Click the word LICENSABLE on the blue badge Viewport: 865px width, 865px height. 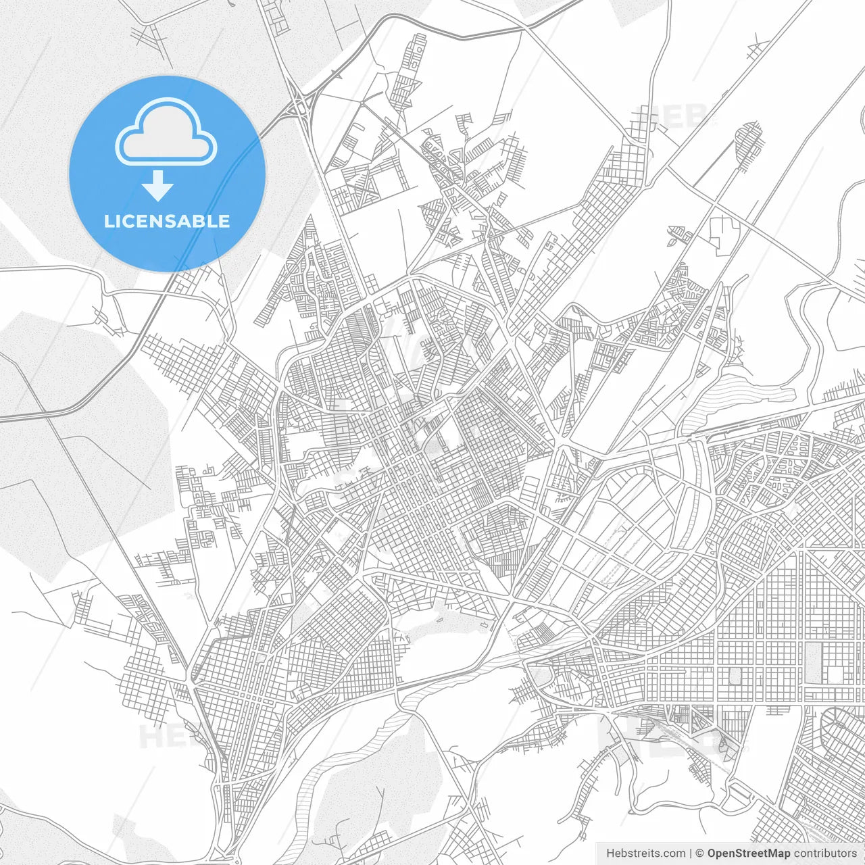click(167, 222)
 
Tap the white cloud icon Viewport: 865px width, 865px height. click(166, 131)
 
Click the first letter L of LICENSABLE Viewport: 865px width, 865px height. click(108, 222)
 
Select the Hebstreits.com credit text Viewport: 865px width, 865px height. click(645, 854)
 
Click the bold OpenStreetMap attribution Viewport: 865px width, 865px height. click(749, 854)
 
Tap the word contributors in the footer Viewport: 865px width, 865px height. click(825, 854)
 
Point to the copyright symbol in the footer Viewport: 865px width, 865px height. click(700, 854)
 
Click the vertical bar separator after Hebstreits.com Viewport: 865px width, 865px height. click(690, 854)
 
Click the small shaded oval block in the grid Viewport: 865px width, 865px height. click(735, 675)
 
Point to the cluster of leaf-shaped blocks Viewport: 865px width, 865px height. click(678, 234)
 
